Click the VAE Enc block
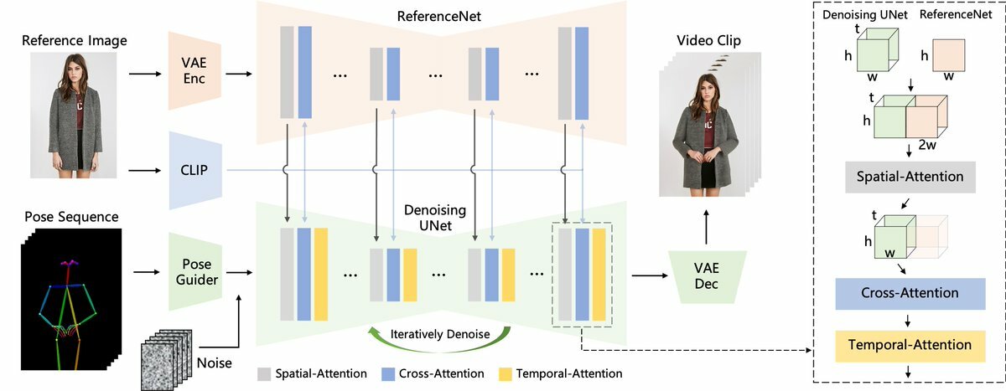pos(194,71)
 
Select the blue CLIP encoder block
pos(194,171)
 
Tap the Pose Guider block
pos(195,272)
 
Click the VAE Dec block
pos(707,276)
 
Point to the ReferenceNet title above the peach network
pos(438,17)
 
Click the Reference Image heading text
pos(74,41)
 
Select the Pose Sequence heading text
pos(71,217)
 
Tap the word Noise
pos(215,363)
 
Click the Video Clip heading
pos(708,40)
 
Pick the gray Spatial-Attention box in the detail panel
pos(910,177)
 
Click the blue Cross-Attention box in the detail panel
pos(910,294)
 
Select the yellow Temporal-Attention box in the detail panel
pos(910,346)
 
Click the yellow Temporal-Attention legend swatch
pos(506,374)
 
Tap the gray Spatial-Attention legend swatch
pos(264,374)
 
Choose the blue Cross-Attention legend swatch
pos(388,374)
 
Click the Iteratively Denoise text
pos(439,335)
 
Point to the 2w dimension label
pos(927,145)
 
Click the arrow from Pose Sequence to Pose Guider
pos(147,272)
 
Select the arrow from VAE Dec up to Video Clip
pos(707,227)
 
